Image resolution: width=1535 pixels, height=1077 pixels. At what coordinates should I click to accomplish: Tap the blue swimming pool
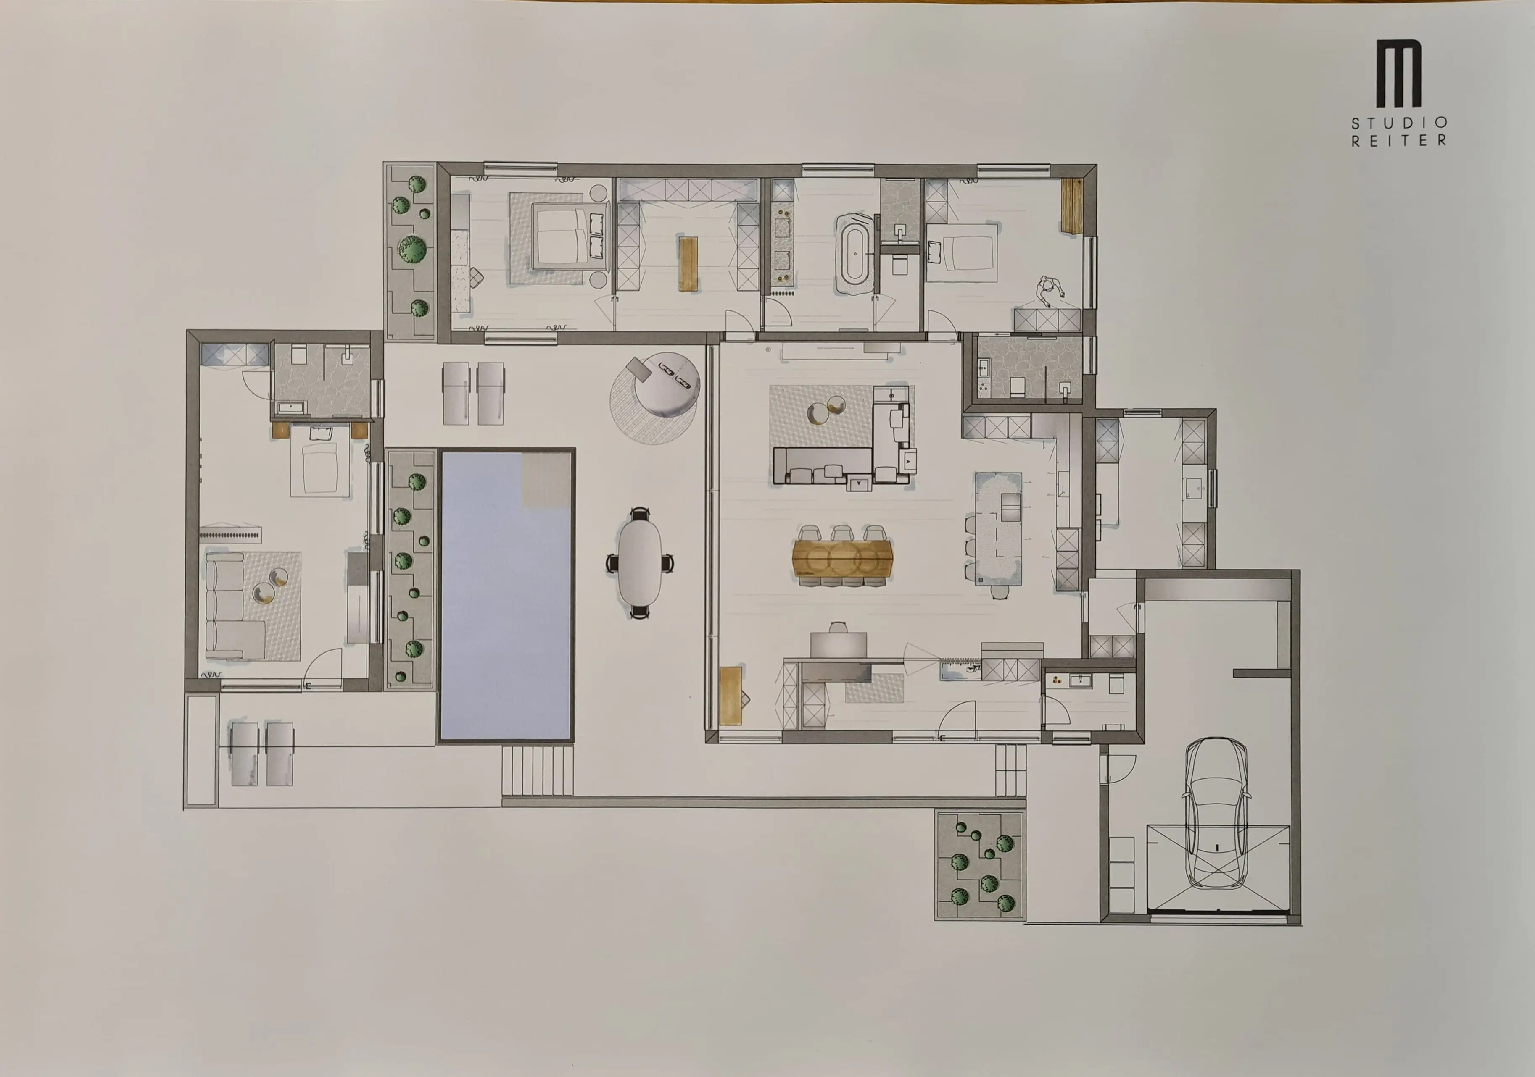(x=506, y=595)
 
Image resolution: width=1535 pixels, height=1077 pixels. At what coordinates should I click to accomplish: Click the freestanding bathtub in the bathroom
(x=855, y=254)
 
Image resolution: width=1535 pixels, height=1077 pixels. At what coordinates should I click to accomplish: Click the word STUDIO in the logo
(x=1399, y=123)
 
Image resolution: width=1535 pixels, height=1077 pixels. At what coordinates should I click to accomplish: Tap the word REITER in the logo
(x=1399, y=140)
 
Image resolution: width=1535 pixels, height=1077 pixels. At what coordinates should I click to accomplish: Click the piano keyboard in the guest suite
(x=231, y=534)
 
